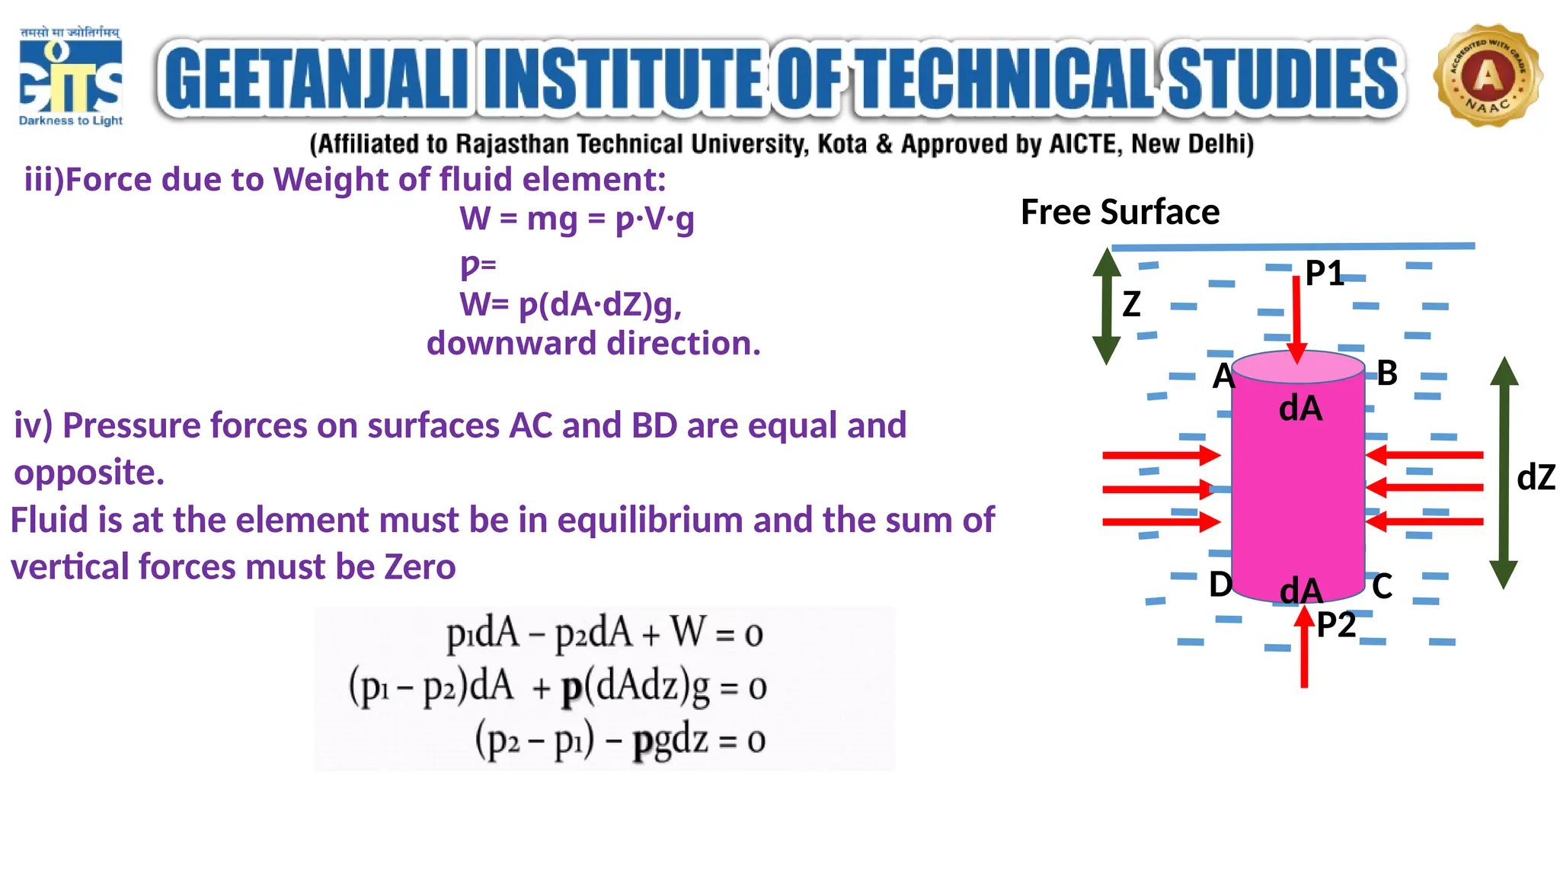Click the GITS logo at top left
[x=70, y=76]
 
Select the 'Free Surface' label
[x=1119, y=212]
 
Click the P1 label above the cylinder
[x=1324, y=273]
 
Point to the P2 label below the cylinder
[x=1336, y=625]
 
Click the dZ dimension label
[x=1536, y=478]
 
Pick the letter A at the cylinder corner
[x=1223, y=376]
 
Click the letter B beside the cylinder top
[x=1387, y=373]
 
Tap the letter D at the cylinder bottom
[x=1220, y=585]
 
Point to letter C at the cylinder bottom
[x=1382, y=587]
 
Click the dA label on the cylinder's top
[x=1300, y=409]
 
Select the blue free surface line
[x=1293, y=247]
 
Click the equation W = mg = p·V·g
[x=577, y=219]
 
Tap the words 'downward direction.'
[x=593, y=344]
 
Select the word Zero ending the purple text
[x=420, y=567]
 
